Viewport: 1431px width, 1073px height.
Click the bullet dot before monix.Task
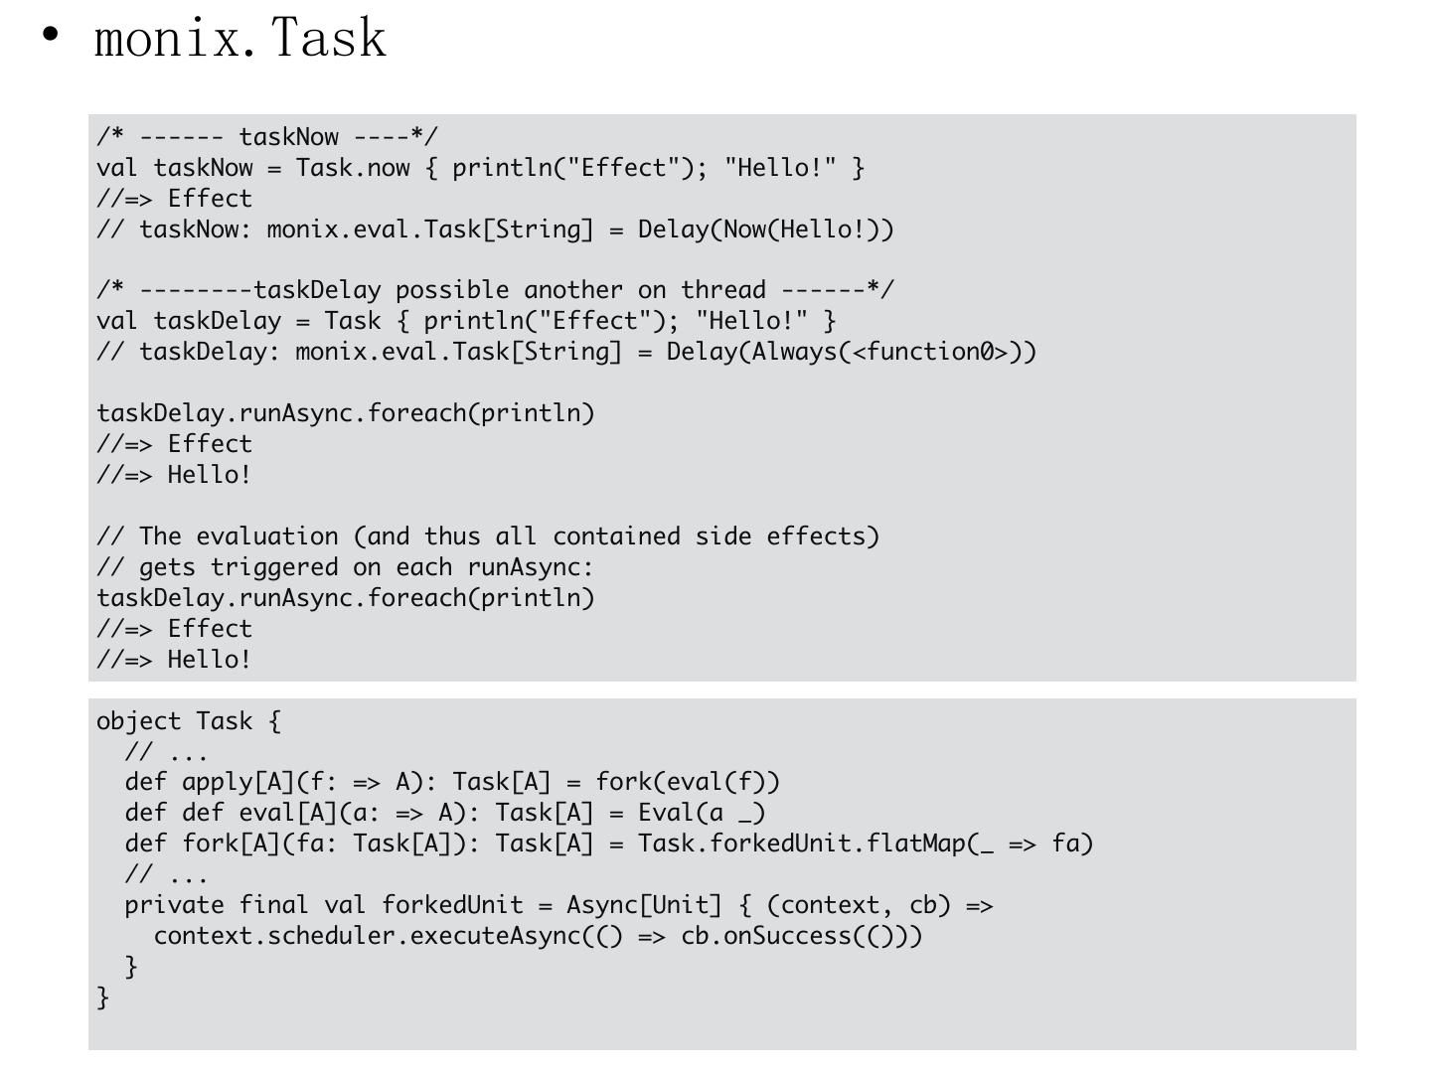point(51,36)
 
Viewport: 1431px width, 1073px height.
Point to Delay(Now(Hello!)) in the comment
point(765,230)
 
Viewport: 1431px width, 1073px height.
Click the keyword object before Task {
point(138,721)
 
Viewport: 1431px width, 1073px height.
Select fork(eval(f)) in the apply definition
point(688,783)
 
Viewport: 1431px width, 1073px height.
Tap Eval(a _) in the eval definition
point(702,814)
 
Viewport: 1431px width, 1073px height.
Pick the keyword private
point(174,905)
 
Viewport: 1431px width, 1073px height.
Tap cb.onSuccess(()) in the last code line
point(801,936)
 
